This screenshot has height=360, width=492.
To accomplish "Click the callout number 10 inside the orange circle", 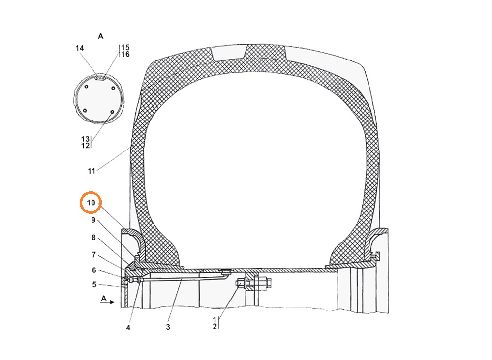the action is coord(91,203).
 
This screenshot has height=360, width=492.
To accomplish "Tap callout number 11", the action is coord(92,171).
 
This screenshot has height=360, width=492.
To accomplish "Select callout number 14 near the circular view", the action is coord(80,48).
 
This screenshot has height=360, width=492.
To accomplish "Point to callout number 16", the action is coord(125,54).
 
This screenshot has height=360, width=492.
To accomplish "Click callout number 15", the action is coord(125,47).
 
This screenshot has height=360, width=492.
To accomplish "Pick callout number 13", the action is coord(85,139).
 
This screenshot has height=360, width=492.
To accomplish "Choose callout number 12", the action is coord(85,146).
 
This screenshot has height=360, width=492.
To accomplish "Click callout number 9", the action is coord(93,220).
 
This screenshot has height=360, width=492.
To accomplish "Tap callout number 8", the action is coord(93,238).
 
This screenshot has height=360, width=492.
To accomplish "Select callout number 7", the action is coord(93,255).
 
